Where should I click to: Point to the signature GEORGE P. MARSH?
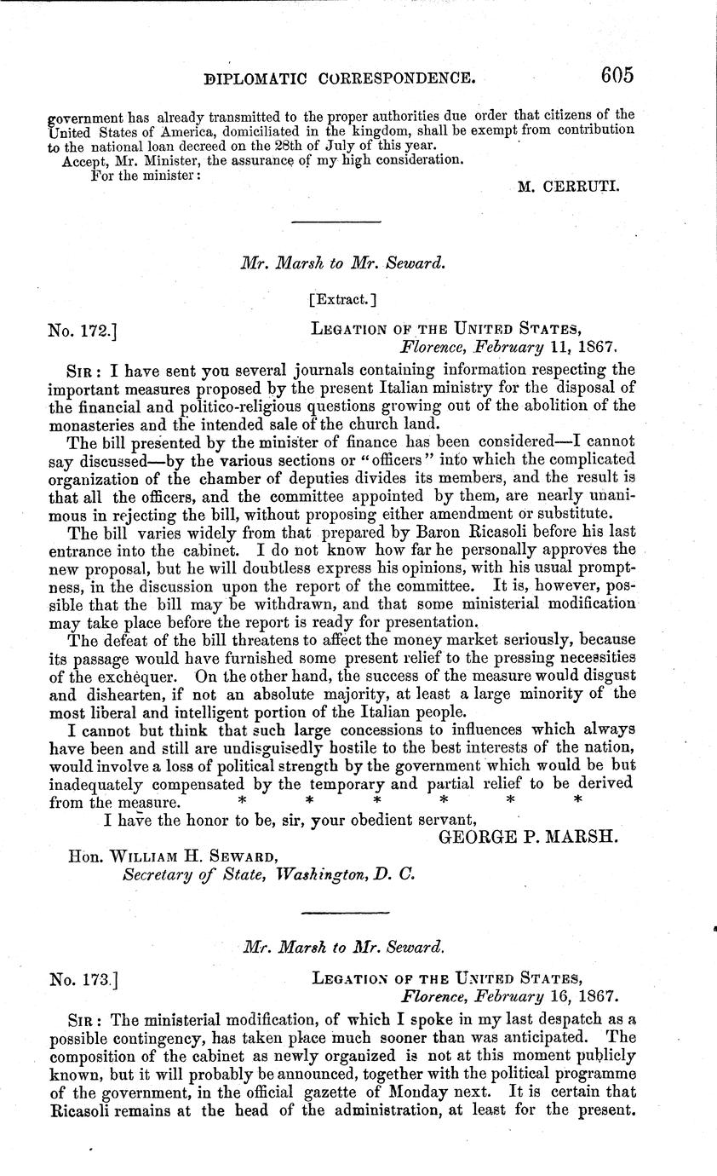point(528,838)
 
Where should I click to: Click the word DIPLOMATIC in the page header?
point(273,78)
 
